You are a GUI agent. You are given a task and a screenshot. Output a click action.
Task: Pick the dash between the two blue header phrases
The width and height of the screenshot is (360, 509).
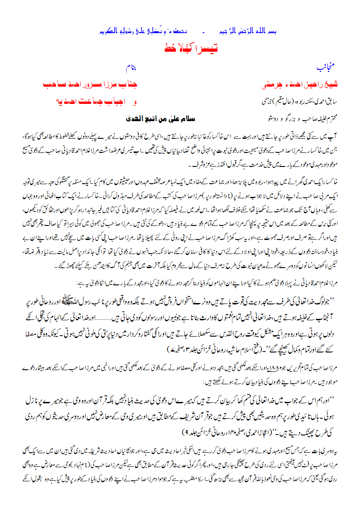click(x=204, y=33)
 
